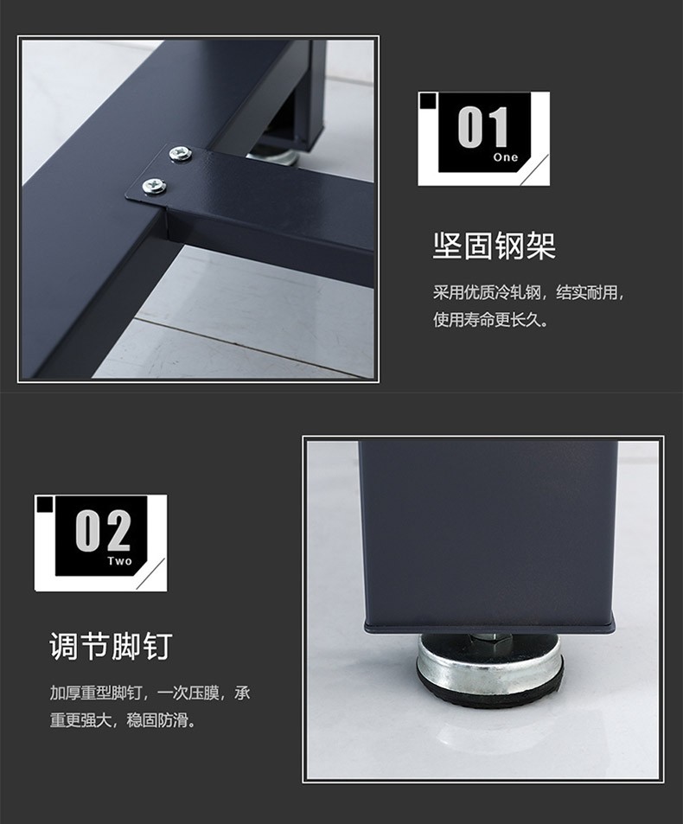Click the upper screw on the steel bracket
point(180,154)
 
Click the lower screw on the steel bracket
point(154,186)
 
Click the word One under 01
point(506,157)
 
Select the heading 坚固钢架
point(494,246)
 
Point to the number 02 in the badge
point(102,531)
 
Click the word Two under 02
point(120,561)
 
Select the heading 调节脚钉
point(111,646)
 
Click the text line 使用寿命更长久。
point(491,319)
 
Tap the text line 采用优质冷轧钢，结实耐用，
point(529,292)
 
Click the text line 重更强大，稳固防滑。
point(124,719)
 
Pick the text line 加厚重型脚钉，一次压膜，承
point(150,693)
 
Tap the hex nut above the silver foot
point(489,637)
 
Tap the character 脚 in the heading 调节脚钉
point(126,646)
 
